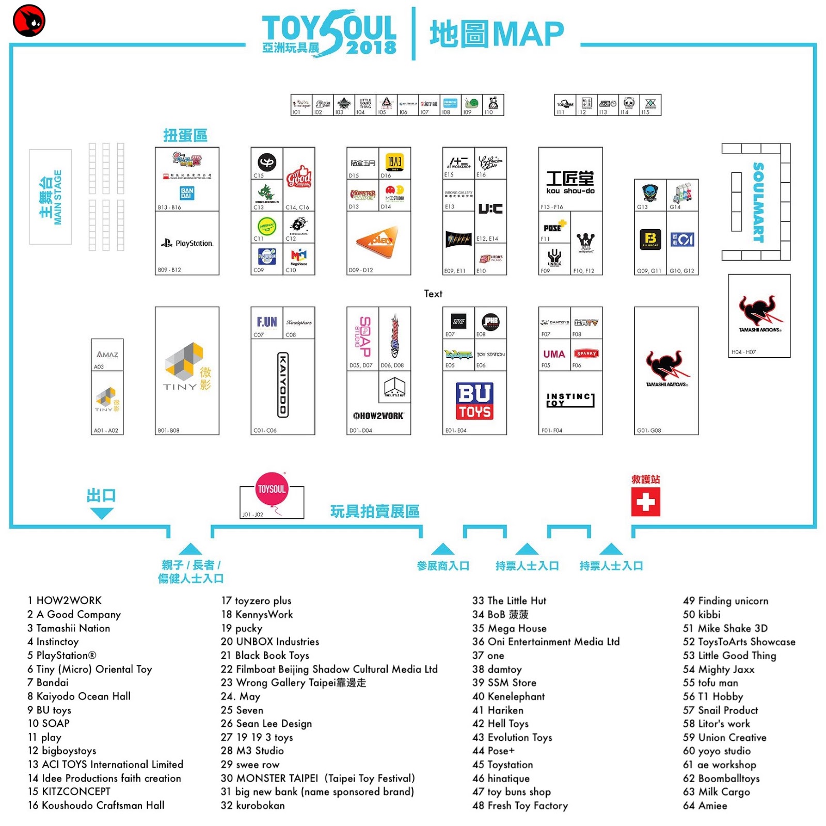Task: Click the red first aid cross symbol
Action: click(x=645, y=502)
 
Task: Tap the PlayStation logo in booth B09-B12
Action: click(x=187, y=243)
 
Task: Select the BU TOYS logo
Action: click(x=474, y=401)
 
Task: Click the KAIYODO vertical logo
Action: click(x=283, y=385)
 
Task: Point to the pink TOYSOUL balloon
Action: click(x=272, y=489)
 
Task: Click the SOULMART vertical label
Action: click(x=757, y=202)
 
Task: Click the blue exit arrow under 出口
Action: click(x=101, y=513)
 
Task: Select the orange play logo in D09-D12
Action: click(x=377, y=241)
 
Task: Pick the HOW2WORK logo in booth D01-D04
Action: click(x=378, y=416)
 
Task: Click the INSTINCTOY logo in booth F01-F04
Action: click(x=570, y=400)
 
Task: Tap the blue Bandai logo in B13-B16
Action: click(x=187, y=193)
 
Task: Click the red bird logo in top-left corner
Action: click(x=29, y=21)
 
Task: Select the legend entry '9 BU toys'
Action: click(x=50, y=710)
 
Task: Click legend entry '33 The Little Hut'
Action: click(x=509, y=600)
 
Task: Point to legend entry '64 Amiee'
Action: click(x=705, y=805)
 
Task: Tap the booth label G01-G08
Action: click(x=648, y=430)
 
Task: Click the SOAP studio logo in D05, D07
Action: click(x=364, y=336)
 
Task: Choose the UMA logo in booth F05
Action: click(x=553, y=354)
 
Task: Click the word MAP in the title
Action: click(x=528, y=34)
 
